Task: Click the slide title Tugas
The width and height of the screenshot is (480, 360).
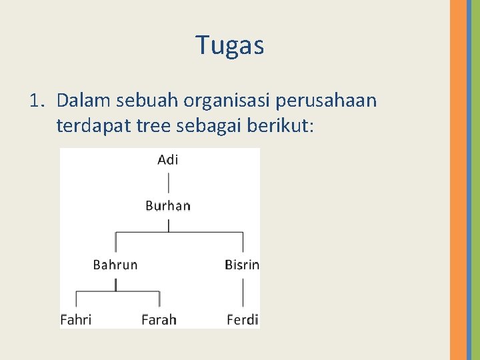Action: (230, 45)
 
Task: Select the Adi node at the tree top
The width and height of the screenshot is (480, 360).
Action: (168, 159)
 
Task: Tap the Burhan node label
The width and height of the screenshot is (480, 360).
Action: (168, 205)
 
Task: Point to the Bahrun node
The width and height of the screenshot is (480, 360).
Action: (115, 265)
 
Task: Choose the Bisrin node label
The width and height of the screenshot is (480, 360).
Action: (242, 265)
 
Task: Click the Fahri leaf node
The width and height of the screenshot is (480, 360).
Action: (76, 319)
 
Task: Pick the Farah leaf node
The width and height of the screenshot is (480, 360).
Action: (159, 319)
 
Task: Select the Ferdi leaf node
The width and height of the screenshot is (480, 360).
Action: (243, 319)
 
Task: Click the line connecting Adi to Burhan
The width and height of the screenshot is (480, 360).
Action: (169, 183)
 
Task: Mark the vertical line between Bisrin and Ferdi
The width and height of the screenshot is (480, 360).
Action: (243, 292)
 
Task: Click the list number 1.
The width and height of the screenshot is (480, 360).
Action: (36, 101)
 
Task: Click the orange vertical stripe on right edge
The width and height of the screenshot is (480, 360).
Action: (458, 180)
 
